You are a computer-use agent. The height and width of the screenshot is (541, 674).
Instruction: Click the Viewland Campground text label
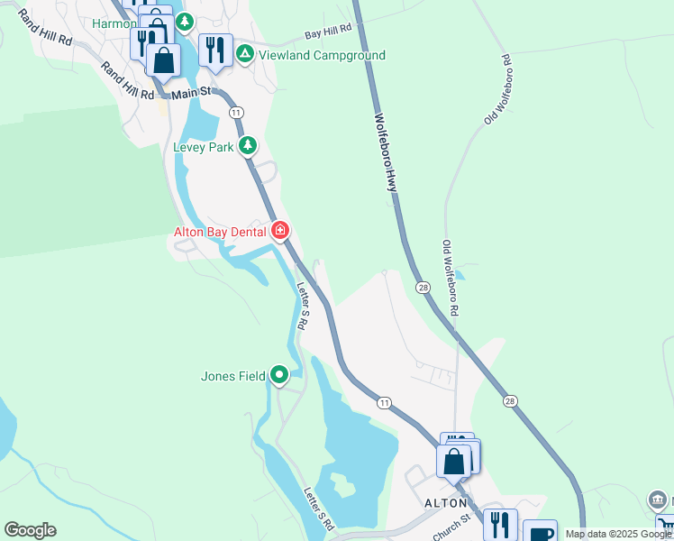pyautogui.click(x=322, y=55)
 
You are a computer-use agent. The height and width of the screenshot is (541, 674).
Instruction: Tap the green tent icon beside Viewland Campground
pyautogui.click(x=244, y=55)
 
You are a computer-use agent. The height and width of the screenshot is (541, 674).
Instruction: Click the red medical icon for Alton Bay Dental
pyautogui.click(x=280, y=232)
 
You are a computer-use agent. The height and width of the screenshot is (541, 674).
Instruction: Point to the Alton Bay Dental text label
pyautogui.click(x=220, y=232)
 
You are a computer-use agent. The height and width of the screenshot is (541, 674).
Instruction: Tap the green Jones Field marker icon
pyautogui.click(x=279, y=374)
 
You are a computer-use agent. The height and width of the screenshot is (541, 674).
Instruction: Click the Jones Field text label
pyautogui.click(x=232, y=375)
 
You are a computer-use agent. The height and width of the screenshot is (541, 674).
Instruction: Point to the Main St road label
pyautogui.click(x=191, y=92)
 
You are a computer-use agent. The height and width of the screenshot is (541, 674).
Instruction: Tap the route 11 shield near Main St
pyautogui.click(x=235, y=111)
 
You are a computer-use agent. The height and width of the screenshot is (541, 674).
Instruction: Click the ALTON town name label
pyautogui.click(x=445, y=503)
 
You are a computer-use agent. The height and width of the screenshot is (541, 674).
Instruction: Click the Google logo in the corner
pyautogui.click(x=30, y=530)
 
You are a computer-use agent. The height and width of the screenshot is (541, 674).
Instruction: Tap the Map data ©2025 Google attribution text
pyautogui.click(x=618, y=534)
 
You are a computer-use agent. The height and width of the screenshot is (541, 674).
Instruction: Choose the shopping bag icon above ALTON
pyautogui.click(x=454, y=461)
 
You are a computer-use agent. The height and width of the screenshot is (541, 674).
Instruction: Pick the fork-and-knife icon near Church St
pyautogui.click(x=499, y=523)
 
